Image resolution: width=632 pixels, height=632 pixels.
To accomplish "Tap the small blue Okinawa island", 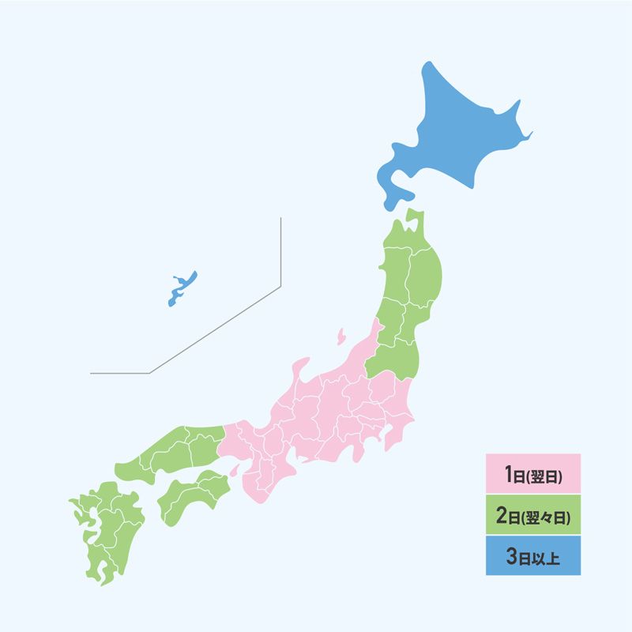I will (x=182, y=289).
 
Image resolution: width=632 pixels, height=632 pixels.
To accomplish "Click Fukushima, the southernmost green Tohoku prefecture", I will (x=395, y=359).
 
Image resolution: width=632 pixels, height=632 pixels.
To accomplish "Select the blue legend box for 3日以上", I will (x=533, y=556).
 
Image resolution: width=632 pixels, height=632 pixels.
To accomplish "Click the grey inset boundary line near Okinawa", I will (x=280, y=253).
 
